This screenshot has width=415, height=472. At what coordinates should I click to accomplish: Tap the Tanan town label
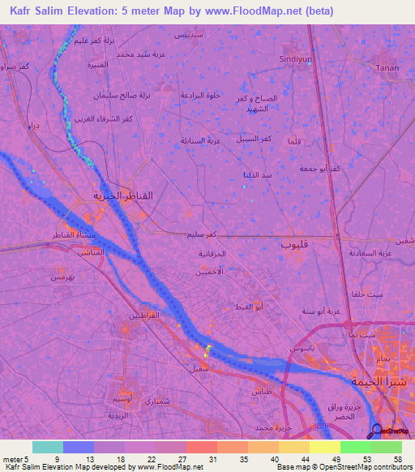387,68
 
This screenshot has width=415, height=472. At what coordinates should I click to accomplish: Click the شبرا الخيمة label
374,380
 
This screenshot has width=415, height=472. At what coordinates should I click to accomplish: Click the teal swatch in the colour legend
48,447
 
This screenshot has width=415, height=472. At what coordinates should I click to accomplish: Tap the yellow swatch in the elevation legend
325,447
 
